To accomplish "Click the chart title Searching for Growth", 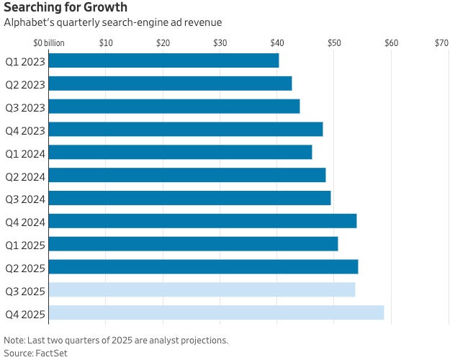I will [66, 8].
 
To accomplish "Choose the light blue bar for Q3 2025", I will [202, 290].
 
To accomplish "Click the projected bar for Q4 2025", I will [217, 313].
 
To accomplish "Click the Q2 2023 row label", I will [24, 84].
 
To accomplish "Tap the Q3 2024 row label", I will [24, 199].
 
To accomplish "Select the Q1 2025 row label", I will [24, 245].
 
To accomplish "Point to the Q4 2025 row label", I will [24, 314].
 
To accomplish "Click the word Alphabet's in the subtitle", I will [28, 23].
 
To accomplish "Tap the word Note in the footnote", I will [14, 341].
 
